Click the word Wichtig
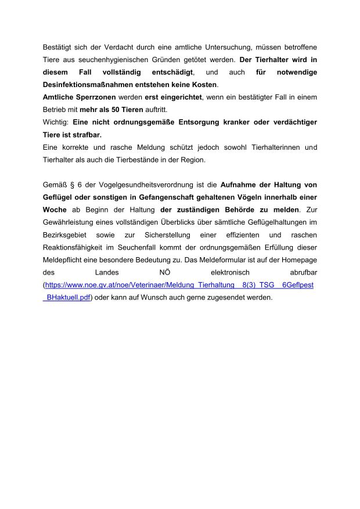click(x=55, y=122)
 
